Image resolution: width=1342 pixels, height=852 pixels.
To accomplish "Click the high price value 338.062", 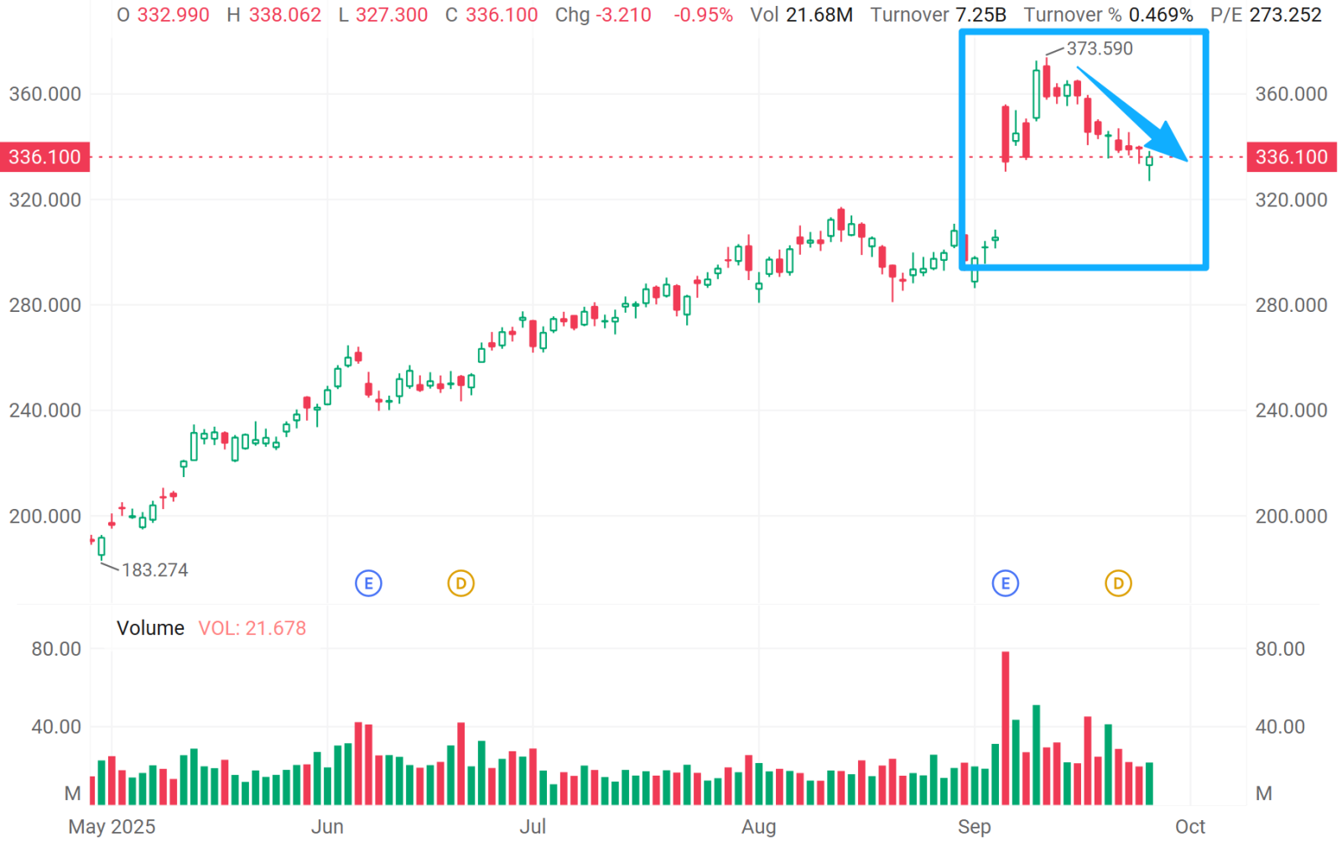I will click(284, 15).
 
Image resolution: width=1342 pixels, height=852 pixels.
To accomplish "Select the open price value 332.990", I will click(173, 15).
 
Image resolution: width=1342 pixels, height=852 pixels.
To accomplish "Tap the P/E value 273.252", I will click(1285, 15).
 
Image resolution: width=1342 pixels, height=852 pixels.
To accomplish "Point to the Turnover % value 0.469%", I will click(1161, 15).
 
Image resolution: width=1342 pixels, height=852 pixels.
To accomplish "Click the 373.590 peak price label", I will click(1100, 49).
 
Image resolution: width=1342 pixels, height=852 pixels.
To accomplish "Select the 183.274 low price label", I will click(155, 570).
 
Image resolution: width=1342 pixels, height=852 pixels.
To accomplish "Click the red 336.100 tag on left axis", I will click(44, 157).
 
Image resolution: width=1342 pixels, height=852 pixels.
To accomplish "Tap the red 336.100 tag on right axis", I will click(1292, 157).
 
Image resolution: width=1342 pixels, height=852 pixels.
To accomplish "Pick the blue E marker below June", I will click(368, 583).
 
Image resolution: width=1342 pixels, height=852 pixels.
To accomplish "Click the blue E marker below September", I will click(1005, 583).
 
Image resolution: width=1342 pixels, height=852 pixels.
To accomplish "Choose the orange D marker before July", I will click(460, 583).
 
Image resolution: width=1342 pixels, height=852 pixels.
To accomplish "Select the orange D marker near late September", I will click(1118, 583).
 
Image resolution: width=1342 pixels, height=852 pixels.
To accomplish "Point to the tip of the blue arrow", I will click(1187, 159).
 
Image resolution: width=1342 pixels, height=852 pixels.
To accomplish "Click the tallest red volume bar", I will click(1005, 728).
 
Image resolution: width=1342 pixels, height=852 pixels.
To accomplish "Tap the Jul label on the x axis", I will click(533, 827).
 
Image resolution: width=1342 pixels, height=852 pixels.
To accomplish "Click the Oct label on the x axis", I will click(1189, 827).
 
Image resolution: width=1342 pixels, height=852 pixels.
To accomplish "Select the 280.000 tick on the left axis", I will click(45, 305).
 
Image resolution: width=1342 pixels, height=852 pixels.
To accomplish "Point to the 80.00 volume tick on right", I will click(1280, 649).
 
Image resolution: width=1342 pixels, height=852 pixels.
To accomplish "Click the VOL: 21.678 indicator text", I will click(252, 628).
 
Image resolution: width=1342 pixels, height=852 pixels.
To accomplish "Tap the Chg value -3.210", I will click(623, 15).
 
